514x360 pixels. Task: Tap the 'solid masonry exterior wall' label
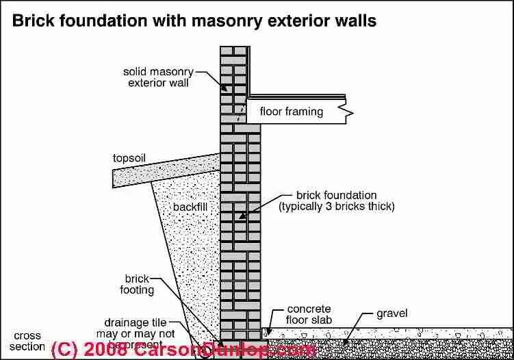pyautogui.click(x=156, y=77)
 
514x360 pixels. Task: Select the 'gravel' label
pyautogui.click(x=392, y=314)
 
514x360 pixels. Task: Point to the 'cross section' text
pyautogui.click(x=27, y=342)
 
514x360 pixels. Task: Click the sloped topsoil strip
pyautogui.click(x=164, y=170)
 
